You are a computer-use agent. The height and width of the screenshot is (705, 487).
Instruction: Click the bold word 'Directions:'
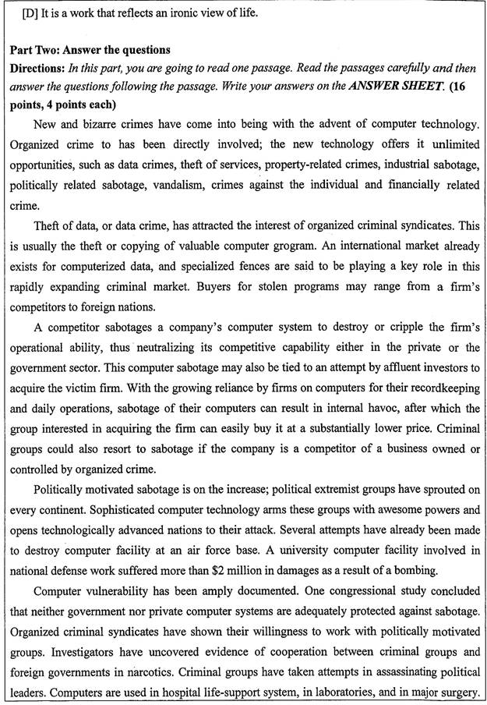click(38, 68)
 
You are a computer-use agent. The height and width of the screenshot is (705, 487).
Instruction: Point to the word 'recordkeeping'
click(440, 385)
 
